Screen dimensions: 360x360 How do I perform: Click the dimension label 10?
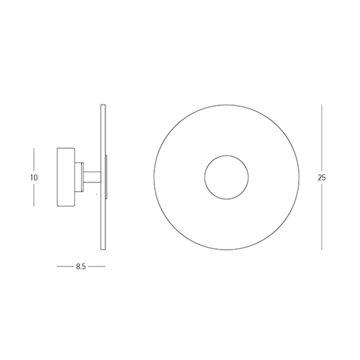tap(34, 178)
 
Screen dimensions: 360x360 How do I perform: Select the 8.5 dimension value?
tap(81, 266)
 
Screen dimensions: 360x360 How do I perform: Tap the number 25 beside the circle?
tap(322, 178)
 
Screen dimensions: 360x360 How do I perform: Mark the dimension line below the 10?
tap(34, 195)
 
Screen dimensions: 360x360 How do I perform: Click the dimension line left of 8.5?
tap(65, 266)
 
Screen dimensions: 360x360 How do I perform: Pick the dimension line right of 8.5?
tap(97, 266)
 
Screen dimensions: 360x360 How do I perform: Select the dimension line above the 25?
tap(322, 138)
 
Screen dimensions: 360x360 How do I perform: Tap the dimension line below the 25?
tap(322, 217)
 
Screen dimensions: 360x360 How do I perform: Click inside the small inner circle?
tap(226, 177)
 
